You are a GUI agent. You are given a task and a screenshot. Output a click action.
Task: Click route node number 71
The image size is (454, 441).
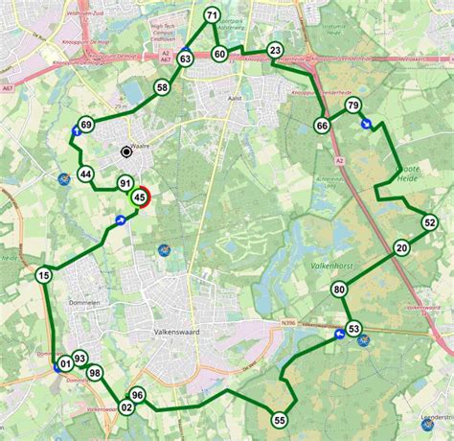[212, 14]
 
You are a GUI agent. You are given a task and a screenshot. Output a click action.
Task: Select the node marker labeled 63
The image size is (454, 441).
[185, 59]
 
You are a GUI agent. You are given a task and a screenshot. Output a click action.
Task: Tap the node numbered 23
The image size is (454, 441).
[275, 50]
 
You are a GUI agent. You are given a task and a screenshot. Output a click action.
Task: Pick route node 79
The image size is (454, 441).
[352, 105]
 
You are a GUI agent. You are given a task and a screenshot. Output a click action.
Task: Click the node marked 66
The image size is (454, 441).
[322, 126]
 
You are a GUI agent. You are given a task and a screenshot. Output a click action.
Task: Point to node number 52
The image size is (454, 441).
[429, 222]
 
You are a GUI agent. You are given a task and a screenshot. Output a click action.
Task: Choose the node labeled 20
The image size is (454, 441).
[401, 247]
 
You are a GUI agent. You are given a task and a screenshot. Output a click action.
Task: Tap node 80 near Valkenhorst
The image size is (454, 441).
[339, 290]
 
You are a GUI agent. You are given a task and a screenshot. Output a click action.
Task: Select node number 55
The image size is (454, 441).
[279, 419]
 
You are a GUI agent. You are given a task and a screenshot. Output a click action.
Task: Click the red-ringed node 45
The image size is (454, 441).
[141, 197]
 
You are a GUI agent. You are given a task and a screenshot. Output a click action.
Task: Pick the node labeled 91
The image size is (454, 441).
[125, 183]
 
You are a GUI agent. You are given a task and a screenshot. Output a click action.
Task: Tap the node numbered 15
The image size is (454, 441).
[43, 276]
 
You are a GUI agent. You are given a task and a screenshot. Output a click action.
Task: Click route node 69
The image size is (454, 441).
[86, 125]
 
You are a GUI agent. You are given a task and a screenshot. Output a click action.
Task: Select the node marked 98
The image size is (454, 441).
[94, 373]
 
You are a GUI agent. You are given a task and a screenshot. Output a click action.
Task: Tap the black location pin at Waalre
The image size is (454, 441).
[125, 151]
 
